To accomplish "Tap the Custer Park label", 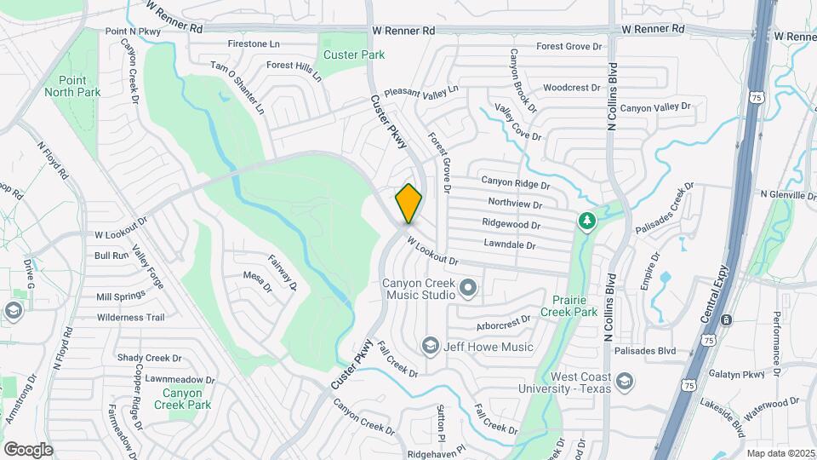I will [x=354, y=55].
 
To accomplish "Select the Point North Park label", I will [x=73, y=86].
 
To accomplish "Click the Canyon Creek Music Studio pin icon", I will [x=467, y=289].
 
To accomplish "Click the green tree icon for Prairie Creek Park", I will [x=586, y=221].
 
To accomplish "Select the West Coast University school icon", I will [x=625, y=382].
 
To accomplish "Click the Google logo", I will [x=28, y=449].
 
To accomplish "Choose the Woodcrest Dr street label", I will [x=572, y=88].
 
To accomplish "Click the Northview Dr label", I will [x=515, y=203].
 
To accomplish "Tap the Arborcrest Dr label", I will [x=503, y=319].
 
